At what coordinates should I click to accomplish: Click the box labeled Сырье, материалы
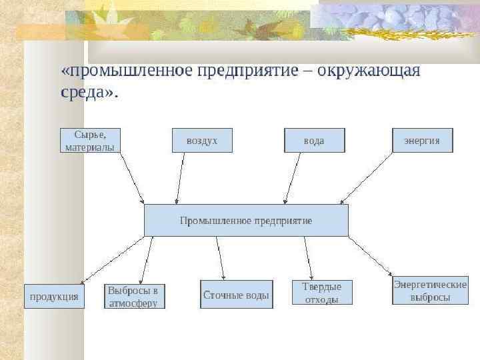(x=90, y=140)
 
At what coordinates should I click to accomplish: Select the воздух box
(x=202, y=140)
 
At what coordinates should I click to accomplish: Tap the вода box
(x=315, y=140)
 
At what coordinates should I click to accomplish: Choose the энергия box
(x=422, y=140)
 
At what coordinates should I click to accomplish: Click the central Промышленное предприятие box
(x=246, y=220)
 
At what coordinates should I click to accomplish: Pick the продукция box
(x=55, y=296)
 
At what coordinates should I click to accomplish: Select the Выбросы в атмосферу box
(x=135, y=296)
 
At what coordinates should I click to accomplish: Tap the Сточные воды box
(x=237, y=294)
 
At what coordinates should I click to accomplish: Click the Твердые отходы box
(x=322, y=293)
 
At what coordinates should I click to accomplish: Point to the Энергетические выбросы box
(x=430, y=291)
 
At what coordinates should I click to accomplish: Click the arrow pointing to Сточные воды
(x=221, y=257)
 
